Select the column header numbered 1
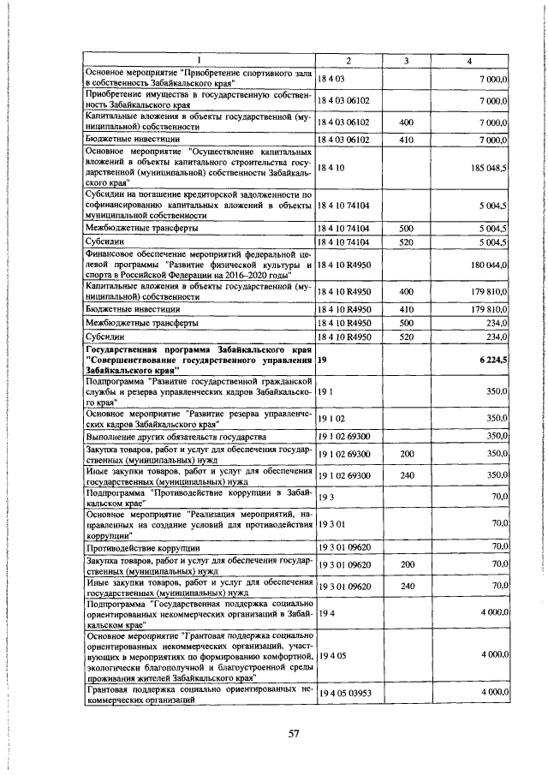[199, 59]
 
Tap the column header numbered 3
[407, 59]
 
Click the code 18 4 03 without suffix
[331, 78]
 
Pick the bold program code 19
[322, 361]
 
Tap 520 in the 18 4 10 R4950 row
[407, 337]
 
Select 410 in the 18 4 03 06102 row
[407, 139]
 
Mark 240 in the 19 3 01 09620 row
[407, 586]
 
